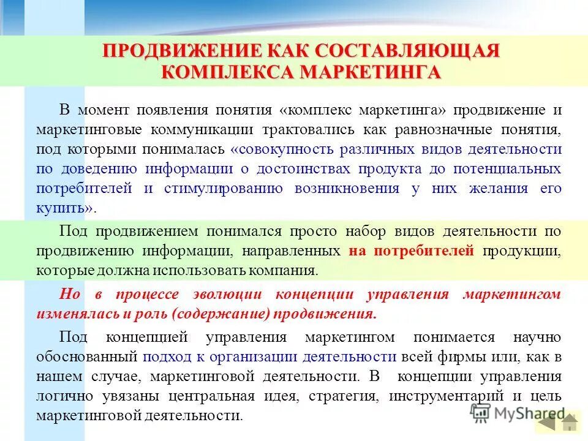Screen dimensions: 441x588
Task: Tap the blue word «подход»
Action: [x=161, y=356]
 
